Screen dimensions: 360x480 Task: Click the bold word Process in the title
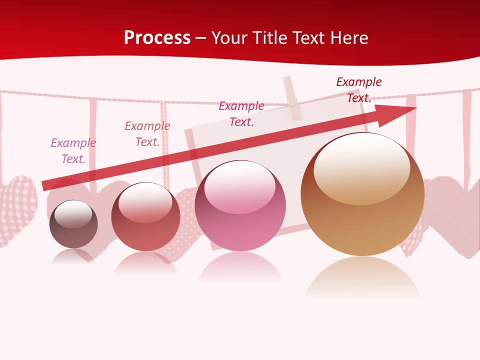tap(157, 38)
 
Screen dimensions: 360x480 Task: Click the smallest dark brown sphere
tap(73, 224)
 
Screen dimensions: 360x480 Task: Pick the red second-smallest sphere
tap(145, 217)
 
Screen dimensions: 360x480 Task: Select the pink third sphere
tap(240, 206)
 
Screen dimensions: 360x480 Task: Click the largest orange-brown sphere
tap(362, 195)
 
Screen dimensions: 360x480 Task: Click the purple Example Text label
tap(73, 151)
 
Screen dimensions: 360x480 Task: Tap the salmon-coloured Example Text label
tap(147, 134)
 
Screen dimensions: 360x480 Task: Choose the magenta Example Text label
tap(241, 114)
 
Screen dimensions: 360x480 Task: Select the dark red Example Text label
tap(359, 90)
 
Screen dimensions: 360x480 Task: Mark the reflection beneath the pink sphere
tap(240, 268)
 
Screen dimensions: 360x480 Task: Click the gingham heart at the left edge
tap(17, 210)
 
